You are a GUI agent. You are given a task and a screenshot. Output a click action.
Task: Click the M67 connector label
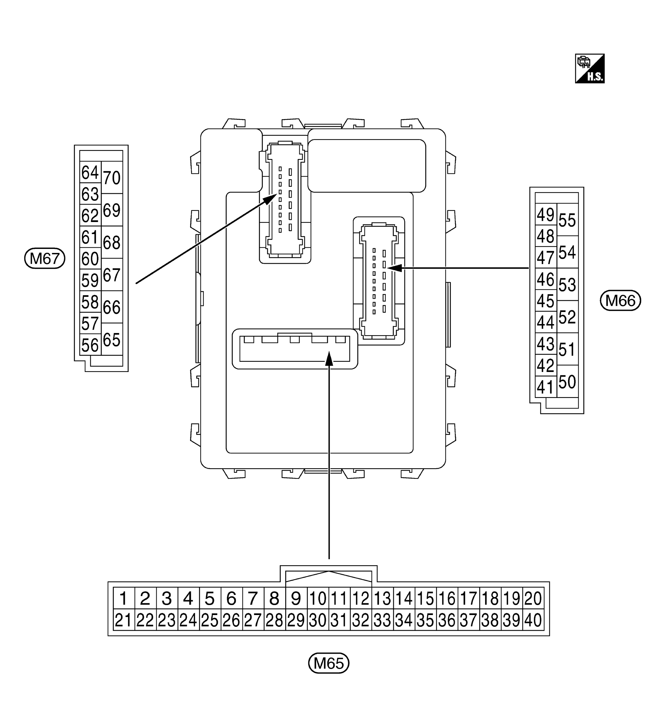tap(45, 258)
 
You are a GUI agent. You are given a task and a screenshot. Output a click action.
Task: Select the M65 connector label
tap(328, 663)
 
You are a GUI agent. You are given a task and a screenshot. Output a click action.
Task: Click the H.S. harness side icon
tap(590, 68)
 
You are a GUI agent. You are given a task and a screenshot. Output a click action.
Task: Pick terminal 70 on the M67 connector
tap(112, 177)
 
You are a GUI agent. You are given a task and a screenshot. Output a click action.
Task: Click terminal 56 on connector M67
tap(90, 345)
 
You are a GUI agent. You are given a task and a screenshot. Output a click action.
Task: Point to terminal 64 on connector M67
tap(90, 173)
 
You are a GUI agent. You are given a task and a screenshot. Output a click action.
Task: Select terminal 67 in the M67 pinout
tap(112, 275)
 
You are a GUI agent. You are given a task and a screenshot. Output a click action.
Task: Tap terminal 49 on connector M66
tap(545, 215)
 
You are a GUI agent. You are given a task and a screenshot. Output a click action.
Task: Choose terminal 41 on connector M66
tap(545, 387)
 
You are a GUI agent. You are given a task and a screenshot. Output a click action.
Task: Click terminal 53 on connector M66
tap(567, 284)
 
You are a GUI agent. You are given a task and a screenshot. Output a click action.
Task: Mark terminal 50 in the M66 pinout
tap(567, 382)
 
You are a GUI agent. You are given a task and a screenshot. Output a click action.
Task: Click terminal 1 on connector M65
tap(124, 599)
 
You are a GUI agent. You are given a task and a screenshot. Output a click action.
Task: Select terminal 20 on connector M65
tap(533, 599)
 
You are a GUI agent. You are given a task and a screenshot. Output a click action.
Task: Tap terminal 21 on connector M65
tap(124, 620)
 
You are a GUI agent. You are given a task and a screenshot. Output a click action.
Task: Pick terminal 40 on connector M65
tap(533, 620)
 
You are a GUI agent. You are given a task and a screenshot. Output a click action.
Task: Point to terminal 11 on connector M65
tap(339, 599)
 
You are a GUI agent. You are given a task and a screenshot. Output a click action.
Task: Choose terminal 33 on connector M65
tap(382, 620)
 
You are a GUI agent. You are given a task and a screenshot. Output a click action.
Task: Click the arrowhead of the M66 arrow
tap(394, 268)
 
